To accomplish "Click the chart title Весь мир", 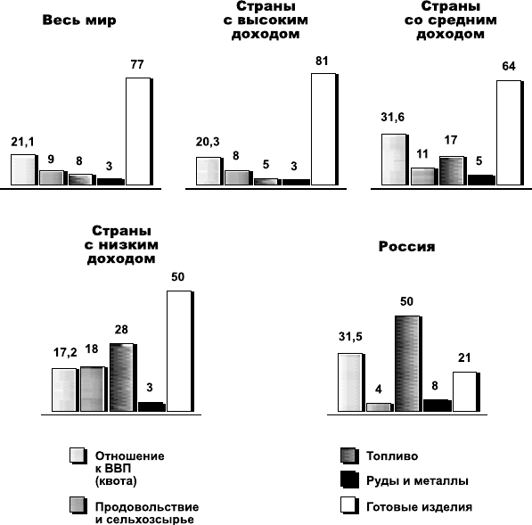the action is tap(79, 21).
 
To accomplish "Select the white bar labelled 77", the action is tap(139, 132).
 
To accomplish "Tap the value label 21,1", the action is tap(23, 142).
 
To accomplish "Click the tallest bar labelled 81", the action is tap(324, 129).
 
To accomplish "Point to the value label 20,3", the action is tap(208, 142).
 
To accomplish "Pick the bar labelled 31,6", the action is tap(395, 160).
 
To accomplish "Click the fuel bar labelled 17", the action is tap(453, 171).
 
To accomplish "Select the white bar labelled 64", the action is tap(510, 133).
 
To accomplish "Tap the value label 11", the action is tap(422, 154).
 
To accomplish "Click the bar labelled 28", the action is tap(123, 378).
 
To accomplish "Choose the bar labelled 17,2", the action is tap(65, 390).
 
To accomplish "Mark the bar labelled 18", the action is tap(94, 390).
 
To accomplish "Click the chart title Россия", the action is tap(407, 246).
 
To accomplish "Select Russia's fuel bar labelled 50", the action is tap(409, 364).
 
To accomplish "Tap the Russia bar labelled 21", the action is tap(466, 392).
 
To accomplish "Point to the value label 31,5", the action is tap(350, 337).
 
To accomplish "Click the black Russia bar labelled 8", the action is tap(438, 406).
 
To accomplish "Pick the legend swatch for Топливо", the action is tap(349, 455).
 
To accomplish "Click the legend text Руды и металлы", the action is tap(417, 481).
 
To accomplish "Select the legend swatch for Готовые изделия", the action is tap(349, 505).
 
